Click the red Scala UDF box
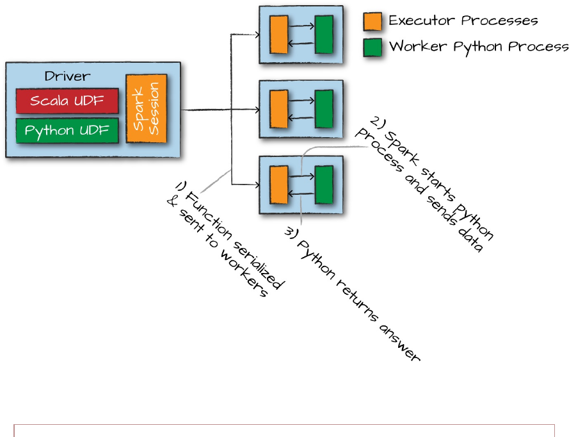tap(67, 101)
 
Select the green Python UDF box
tap(67, 131)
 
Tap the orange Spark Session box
tap(146, 109)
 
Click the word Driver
tap(67, 76)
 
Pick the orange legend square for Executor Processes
tap(373, 21)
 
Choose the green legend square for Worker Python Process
tap(373, 47)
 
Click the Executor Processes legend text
tap(463, 21)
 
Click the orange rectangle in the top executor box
tap(278, 34)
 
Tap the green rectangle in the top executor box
tap(325, 34)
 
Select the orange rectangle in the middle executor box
tap(278, 109)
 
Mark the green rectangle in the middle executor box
tap(325, 109)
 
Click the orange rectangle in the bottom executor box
tap(278, 185)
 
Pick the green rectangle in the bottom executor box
tap(325, 185)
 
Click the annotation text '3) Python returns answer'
tap(353, 295)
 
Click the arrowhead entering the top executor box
tap(256, 35)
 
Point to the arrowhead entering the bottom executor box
tap(256, 185)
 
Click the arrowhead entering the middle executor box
tap(256, 110)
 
